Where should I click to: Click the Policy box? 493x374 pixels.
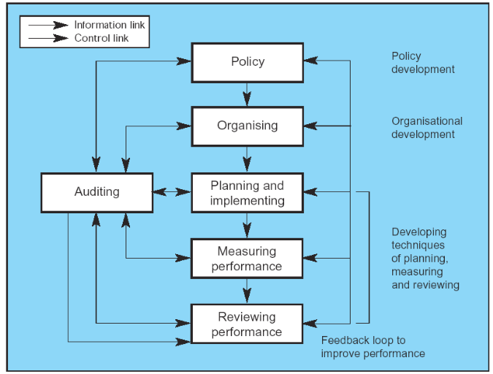[247, 62]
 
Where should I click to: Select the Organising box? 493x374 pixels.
[247, 126]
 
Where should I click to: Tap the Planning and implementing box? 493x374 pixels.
[247, 193]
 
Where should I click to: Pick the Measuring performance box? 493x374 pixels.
[247, 259]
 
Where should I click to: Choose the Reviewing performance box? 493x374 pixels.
[247, 324]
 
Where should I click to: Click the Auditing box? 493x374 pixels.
[97, 192]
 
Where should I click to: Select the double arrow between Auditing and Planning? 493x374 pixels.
[172, 192]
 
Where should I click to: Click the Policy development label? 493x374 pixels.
[423, 63]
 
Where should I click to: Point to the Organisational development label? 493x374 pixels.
[427, 128]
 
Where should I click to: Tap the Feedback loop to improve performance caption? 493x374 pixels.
[373, 347]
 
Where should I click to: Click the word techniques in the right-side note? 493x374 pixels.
[418, 245]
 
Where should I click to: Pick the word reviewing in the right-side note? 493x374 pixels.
[436, 285]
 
